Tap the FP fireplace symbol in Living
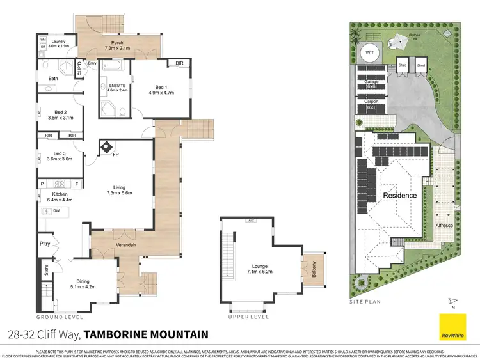(x=106, y=148)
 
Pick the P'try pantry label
(x=45, y=244)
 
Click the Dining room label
(x=82, y=284)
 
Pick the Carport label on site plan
(x=371, y=102)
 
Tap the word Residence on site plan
(x=399, y=196)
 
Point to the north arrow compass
(x=452, y=301)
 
